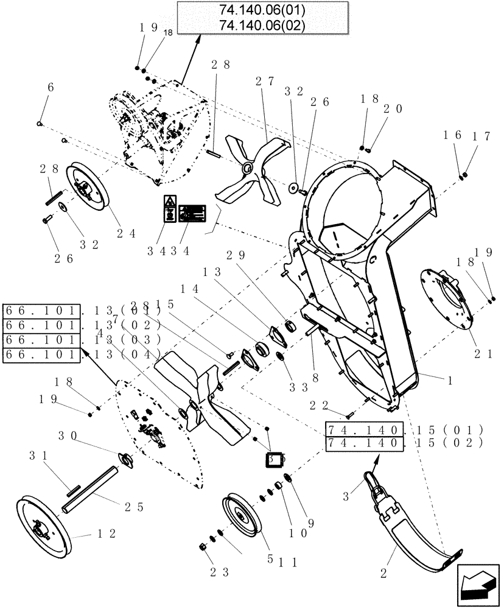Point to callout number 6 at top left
coord(50,87)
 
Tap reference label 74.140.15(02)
coord(404,443)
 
